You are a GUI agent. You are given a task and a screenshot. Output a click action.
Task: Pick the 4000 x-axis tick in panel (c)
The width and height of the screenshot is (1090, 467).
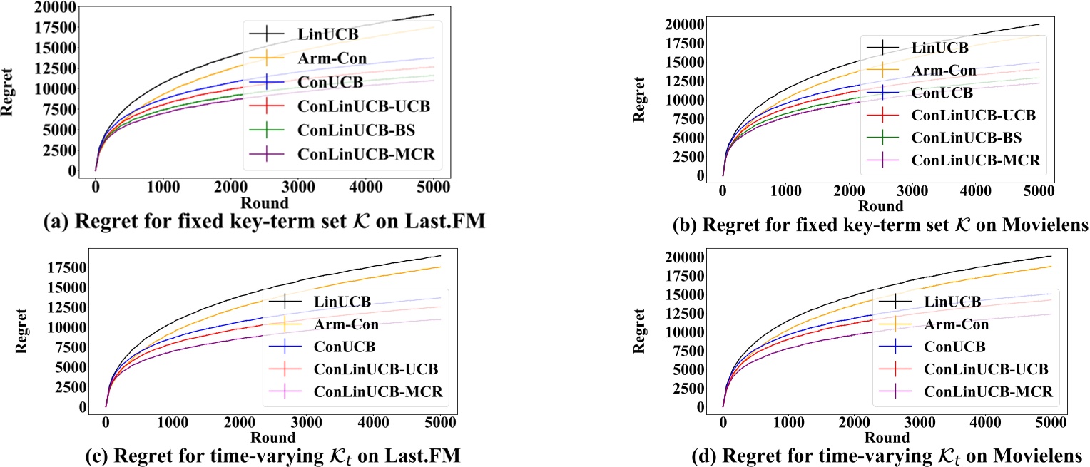[356, 423]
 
